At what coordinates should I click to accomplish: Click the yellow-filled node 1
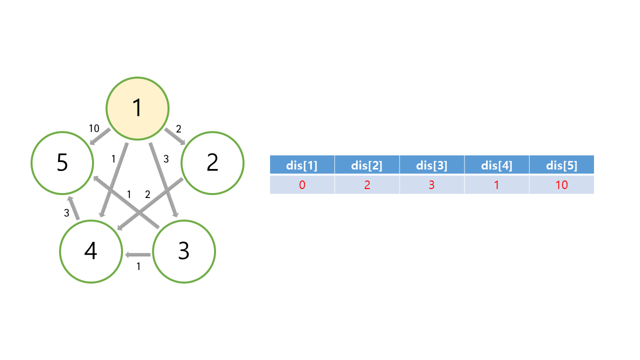point(137,108)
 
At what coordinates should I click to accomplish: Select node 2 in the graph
point(212,163)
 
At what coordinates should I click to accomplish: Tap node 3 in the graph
point(183,251)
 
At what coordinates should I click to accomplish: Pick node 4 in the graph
point(90,251)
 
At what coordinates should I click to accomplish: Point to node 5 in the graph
point(62,163)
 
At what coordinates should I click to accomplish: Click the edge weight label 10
point(94,128)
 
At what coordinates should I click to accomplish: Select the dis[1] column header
point(302,165)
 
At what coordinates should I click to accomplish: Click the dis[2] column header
point(367,165)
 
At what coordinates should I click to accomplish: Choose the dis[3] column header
point(431,165)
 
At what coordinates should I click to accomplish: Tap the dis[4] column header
point(496,165)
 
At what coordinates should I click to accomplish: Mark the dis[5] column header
point(561,165)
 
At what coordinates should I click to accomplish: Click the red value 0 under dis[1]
point(302,185)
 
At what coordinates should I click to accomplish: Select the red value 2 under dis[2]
point(367,185)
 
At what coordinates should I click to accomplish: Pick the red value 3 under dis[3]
point(431,185)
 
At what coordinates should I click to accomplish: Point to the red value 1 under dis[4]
point(496,185)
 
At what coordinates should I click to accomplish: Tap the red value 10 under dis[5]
point(561,185)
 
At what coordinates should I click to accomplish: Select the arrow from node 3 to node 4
point(138,255)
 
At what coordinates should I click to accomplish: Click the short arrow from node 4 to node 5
point(73,208)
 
